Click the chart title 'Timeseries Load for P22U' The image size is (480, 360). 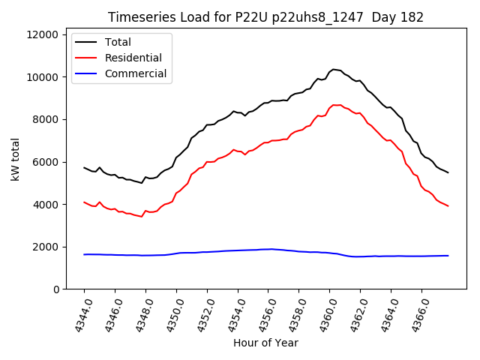[x=265, y=17]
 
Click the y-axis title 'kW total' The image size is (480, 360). [x=16, y=160]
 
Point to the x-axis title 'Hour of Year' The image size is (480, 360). [x=265, y=343]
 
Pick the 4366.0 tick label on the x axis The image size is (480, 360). [x=416, y=313]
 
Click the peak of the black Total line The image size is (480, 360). [x=334, y=69]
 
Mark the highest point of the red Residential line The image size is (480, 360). [x=334, y=105]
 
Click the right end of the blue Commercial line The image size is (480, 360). [x=448, y=256]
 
